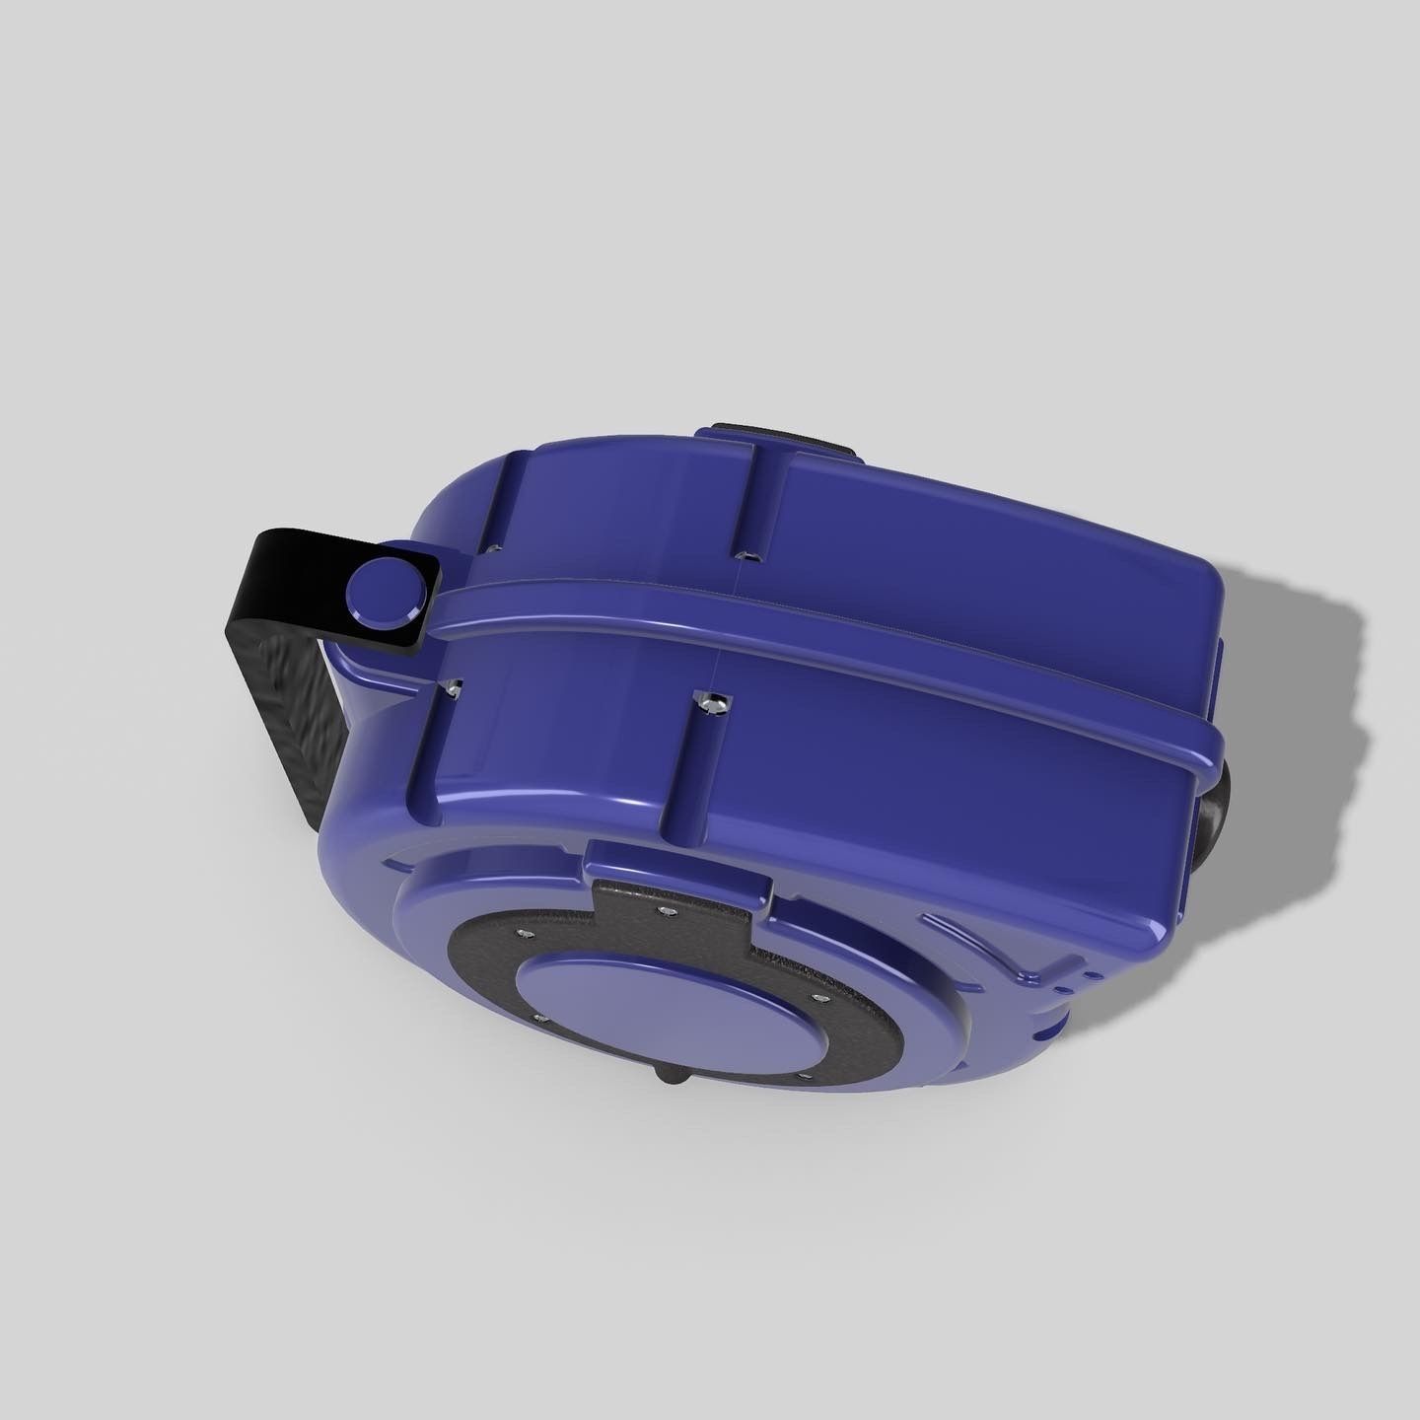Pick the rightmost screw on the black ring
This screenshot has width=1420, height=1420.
tap(816, 999)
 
